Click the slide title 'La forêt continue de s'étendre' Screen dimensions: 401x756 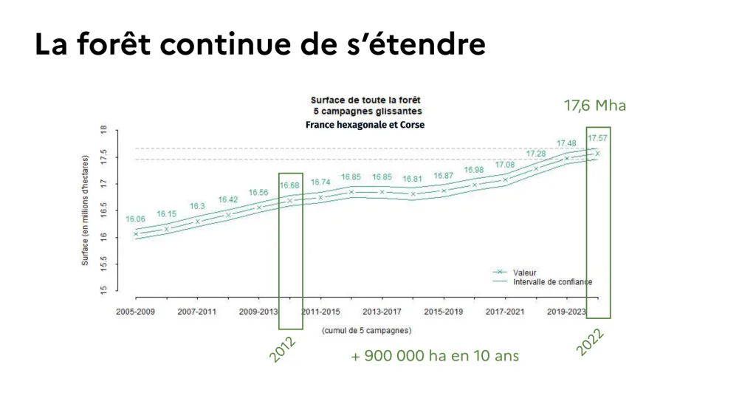260,45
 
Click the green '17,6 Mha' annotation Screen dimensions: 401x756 595,106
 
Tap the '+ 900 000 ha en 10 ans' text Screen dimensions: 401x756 435,356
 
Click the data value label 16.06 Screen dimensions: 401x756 135,219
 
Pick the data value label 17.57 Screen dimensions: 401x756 597,138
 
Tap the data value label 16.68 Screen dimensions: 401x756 290,185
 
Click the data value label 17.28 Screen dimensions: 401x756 536,154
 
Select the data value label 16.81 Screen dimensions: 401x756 413,179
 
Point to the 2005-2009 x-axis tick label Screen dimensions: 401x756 135,312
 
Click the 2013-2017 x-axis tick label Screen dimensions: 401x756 382,312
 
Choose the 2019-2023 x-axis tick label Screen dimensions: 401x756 567,312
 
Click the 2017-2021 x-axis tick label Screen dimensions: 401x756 505,312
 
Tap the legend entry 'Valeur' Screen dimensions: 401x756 526,273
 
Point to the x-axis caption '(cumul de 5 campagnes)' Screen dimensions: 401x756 367,330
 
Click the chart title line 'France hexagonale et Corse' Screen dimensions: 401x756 365,125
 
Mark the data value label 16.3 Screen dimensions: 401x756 197,207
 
